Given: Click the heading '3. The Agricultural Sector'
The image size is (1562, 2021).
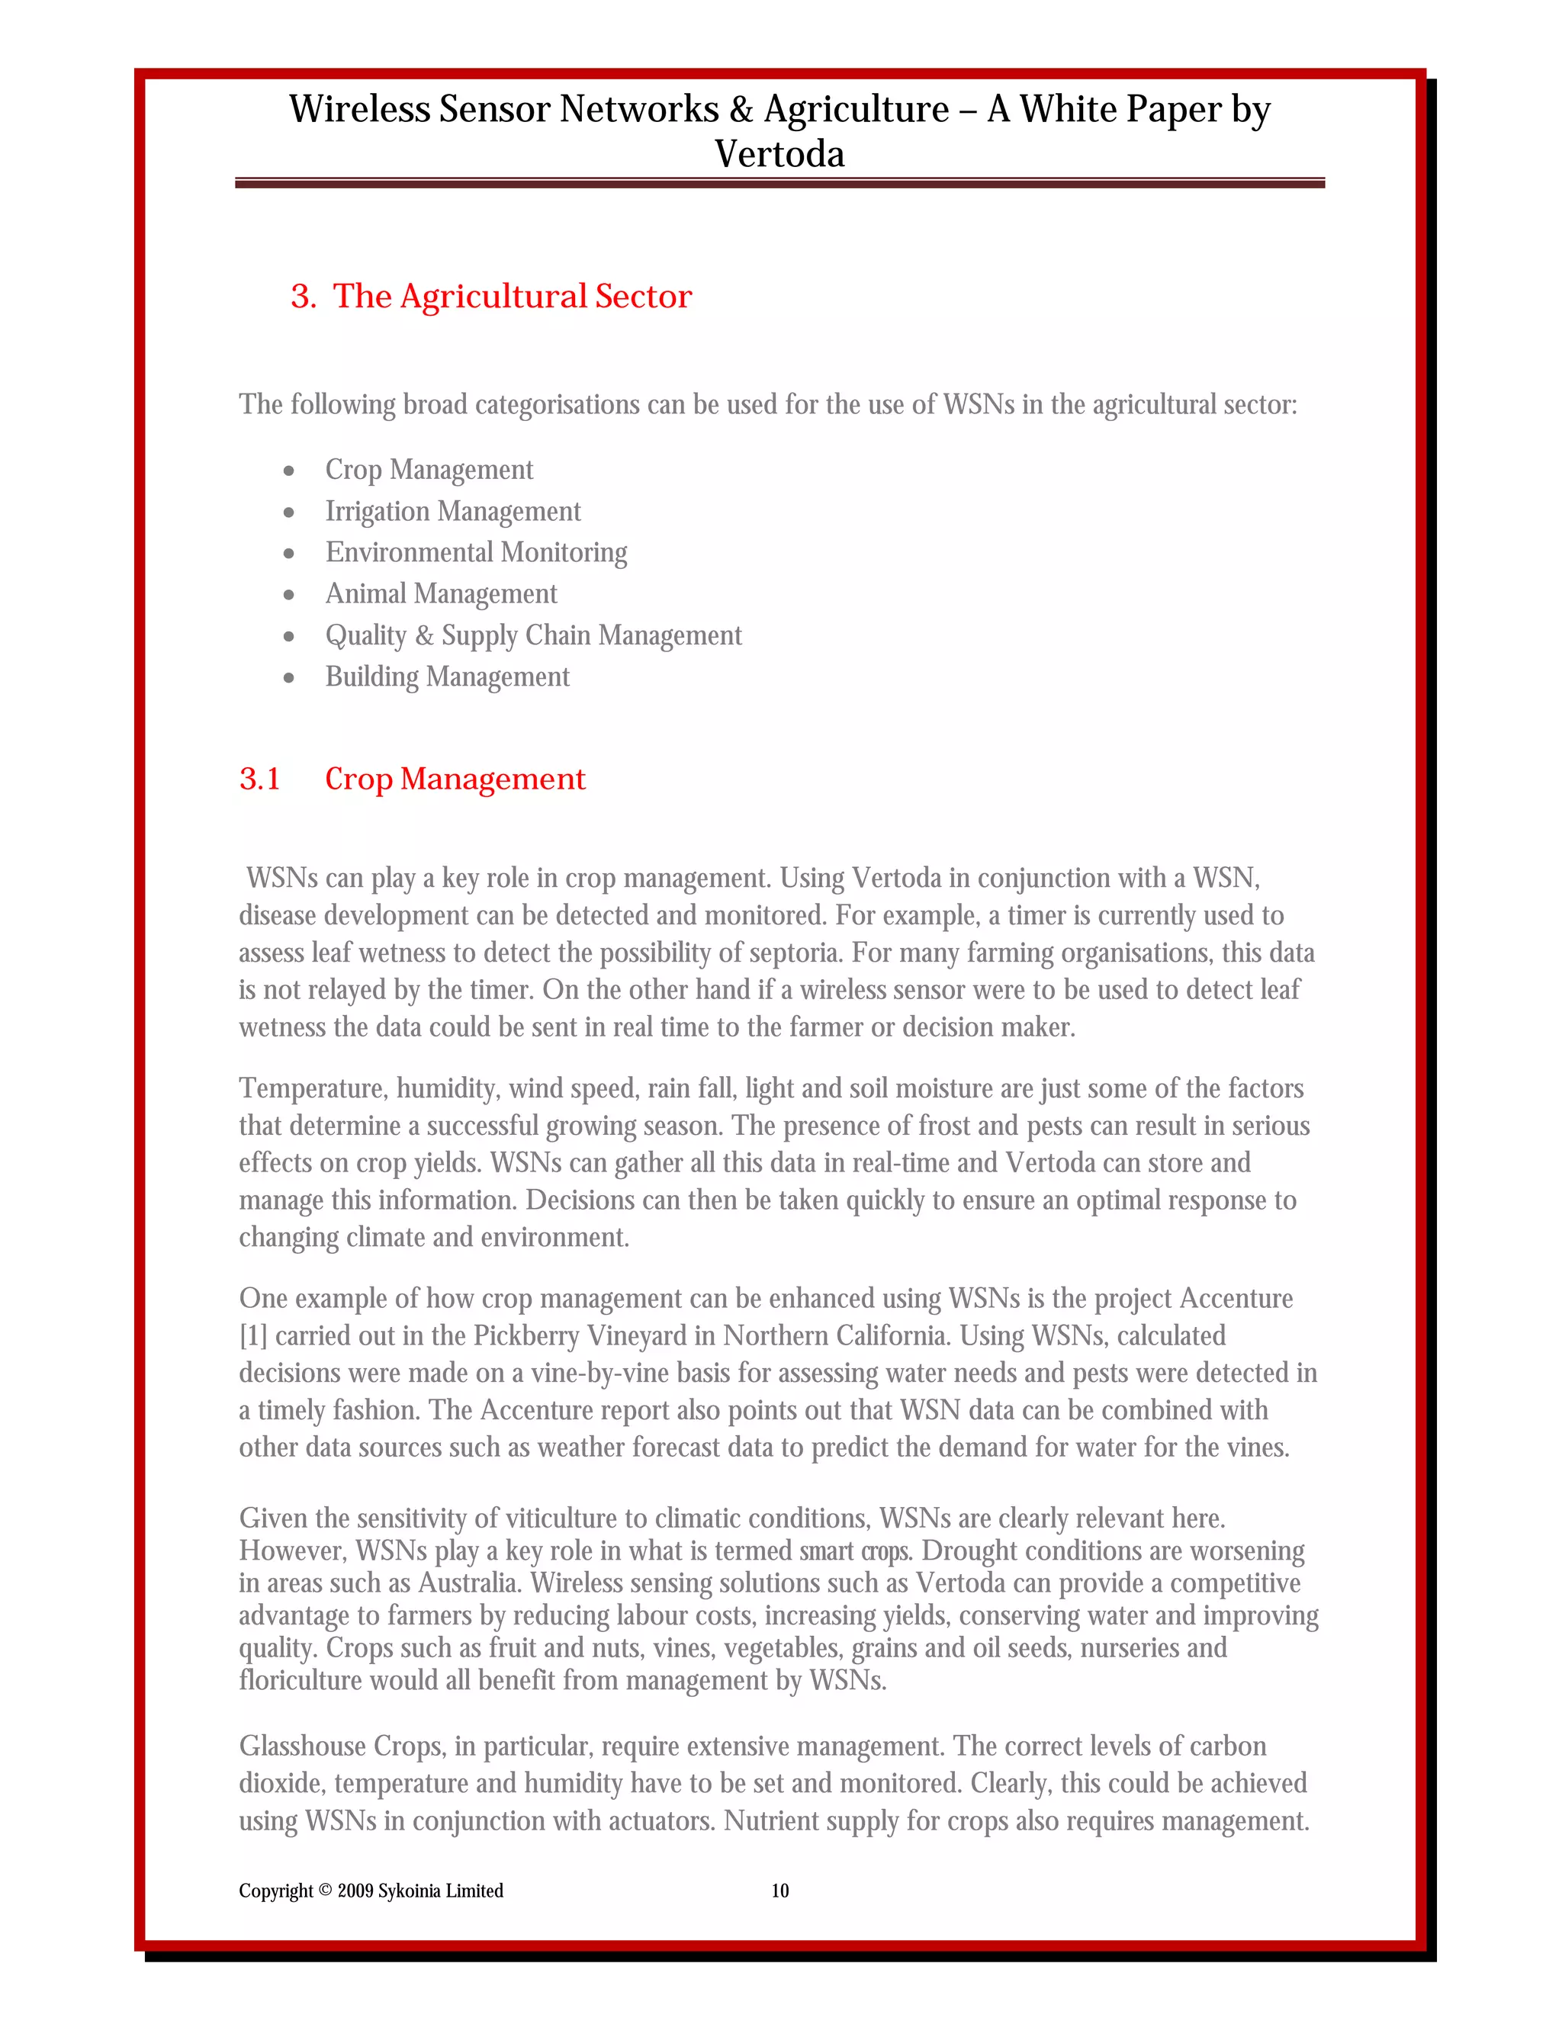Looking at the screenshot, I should (x=490, y=296).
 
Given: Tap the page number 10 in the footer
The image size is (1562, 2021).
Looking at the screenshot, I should (x=780, y=1891).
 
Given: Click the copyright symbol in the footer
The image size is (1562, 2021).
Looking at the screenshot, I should (x=325, y=1890).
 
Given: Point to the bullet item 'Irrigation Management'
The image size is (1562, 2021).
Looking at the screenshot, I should (x=452, y=511).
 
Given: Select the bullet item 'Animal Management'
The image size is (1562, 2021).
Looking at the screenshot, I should (x=441, y=593).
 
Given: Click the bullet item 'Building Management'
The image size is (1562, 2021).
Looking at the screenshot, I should (x=447, y=676).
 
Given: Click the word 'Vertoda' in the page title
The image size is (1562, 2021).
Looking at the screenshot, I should (x=779, y=153).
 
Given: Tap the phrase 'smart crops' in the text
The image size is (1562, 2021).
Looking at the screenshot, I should (x=855, y=1551).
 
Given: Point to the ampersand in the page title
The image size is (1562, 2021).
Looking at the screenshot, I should (x=741, y=109).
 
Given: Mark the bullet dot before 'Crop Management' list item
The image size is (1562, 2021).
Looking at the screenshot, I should (x=289, y=471).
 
